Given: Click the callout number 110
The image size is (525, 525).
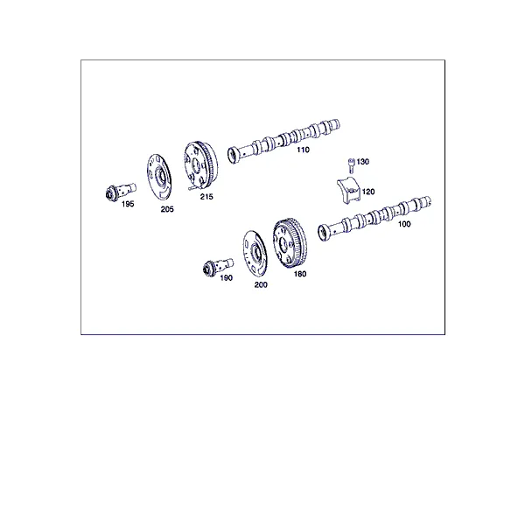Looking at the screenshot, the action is [303, 150].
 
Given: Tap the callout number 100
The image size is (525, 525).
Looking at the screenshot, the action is [404, 224].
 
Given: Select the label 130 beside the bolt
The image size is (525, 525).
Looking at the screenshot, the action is [362, 162].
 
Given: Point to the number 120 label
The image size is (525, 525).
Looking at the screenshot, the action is [368, 192].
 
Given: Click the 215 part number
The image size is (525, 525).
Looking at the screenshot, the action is [206, 197].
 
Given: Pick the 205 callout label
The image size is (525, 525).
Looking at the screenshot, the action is [167, 209].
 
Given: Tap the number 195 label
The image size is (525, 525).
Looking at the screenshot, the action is [128, 204].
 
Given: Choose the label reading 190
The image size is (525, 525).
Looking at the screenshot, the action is [226, 278].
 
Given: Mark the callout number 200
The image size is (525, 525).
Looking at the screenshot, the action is [261, 285].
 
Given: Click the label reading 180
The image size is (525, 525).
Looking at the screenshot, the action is [300, 274].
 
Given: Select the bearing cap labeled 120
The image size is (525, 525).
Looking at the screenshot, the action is [348, 190].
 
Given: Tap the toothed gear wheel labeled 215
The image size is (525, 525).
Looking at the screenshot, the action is [200, 165].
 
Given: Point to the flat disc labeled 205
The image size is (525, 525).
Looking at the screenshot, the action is [159, 176].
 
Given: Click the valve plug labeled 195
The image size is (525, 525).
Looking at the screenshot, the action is [121, 192].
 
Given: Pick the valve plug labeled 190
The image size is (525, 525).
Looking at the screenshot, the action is [218, 267].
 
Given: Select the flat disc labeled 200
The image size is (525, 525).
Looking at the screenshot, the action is [255, 252].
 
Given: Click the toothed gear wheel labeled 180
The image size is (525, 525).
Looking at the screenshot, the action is [290, 242].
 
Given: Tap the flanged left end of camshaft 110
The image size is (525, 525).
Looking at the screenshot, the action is [234, 155].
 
